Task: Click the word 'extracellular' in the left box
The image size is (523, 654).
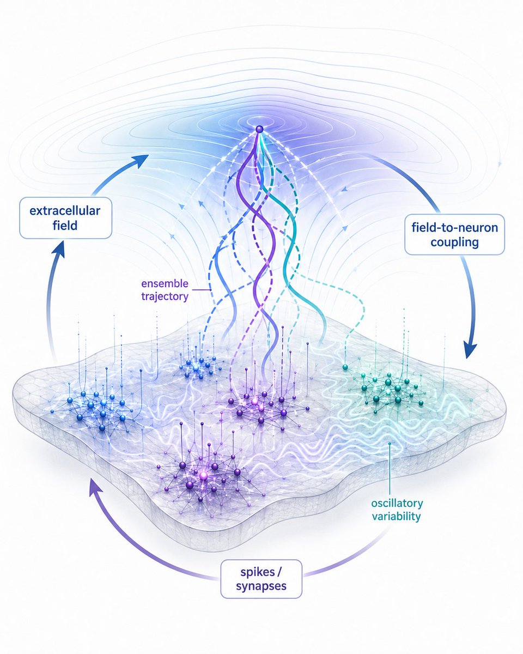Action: pyautogui.click(x=65, y=210)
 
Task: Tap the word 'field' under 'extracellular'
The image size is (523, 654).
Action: pyautogui.click(x=65, y=226)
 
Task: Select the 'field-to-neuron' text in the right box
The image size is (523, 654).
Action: pyautogui.click(x=454, y=227)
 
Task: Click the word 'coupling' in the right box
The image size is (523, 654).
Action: pyautogui.click(x=454, y=243)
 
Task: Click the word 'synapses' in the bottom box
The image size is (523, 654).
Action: pyautogui.click(x=261, y=586)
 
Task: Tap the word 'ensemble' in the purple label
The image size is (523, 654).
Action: pyautogui.click(x=165, y=283)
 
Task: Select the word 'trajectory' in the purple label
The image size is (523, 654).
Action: pyautogui.click(x=165, y=296)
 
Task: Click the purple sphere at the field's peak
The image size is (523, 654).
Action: pyautogui.click(x=259, y=129)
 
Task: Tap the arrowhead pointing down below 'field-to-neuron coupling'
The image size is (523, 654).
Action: pyautogui.click(x=470, y=350)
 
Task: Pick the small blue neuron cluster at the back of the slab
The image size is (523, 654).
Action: pyautogui.click(x=199, y=366)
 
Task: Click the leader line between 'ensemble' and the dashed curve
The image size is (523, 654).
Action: pyautogui.click(x=200, y=289)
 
